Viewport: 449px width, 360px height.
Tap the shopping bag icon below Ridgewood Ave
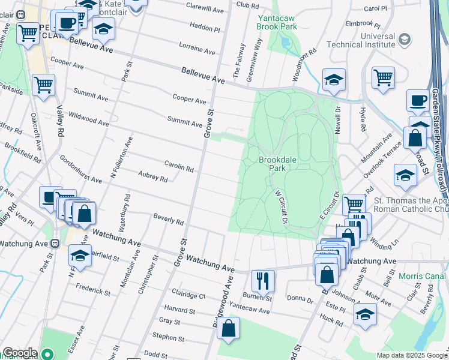click(228, 328)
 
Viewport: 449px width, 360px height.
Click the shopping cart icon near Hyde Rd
click(383, 76)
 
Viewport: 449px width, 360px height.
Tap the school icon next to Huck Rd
click(365, 314)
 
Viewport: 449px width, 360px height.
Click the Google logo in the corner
click(19, 353)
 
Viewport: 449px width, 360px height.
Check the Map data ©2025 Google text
click(411, 355)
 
